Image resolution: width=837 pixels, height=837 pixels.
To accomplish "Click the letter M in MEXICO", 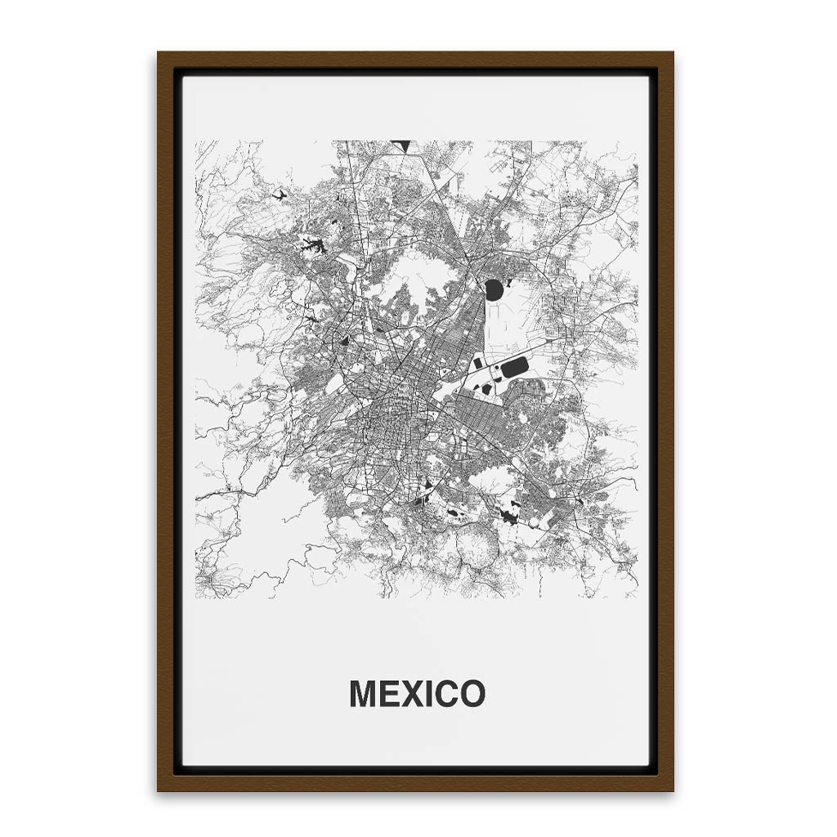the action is click(364, 694).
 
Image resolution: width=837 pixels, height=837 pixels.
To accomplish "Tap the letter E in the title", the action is click(392, 694).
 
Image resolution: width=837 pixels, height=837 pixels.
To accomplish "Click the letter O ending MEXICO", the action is click(472, 694).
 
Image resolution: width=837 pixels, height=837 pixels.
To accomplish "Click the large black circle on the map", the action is click(494, 289).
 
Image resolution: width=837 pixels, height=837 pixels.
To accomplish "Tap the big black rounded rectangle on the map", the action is click(514, 368).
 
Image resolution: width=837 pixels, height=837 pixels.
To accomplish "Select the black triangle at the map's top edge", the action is click(400, 145).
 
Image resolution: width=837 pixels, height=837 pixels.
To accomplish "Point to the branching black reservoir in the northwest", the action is click(313, 244).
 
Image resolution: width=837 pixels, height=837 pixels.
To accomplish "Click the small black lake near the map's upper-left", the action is click(280, 195).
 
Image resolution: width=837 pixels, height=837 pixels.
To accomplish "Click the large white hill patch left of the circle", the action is click(417, 278).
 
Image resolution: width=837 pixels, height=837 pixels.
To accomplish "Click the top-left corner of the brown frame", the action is click(159, 53).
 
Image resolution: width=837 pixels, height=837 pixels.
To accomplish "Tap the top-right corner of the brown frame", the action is click(673, 53).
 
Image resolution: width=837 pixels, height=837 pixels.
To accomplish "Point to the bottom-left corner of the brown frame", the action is click(159, 790).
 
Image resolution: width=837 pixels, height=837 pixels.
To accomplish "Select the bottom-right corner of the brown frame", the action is click(673, 790).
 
